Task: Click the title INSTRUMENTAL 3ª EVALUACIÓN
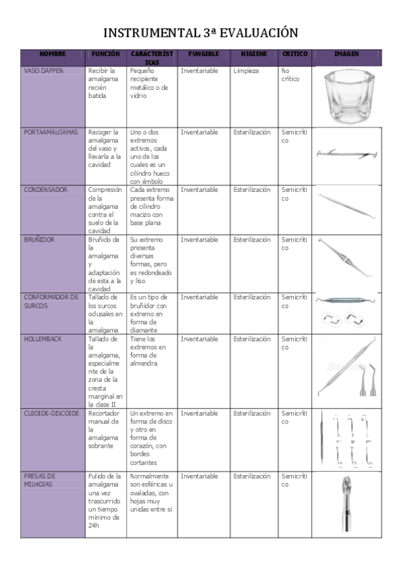(x=201, y=33)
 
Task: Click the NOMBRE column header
(x=52, y=54)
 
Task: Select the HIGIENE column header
(x=254, y=54)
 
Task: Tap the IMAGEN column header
(x=346, y=54)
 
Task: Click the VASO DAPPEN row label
(x=44, y=70)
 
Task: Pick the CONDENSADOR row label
(x=46, y=190)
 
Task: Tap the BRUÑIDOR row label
(x=39, y=239)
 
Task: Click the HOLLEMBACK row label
(x=42, y=339)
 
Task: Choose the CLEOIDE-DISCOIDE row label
(x=51, y=413)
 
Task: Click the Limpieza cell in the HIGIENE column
(x=246, y=70)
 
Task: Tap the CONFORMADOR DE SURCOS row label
(x=51, y=301)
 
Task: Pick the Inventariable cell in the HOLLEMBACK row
(x=199, y=339)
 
